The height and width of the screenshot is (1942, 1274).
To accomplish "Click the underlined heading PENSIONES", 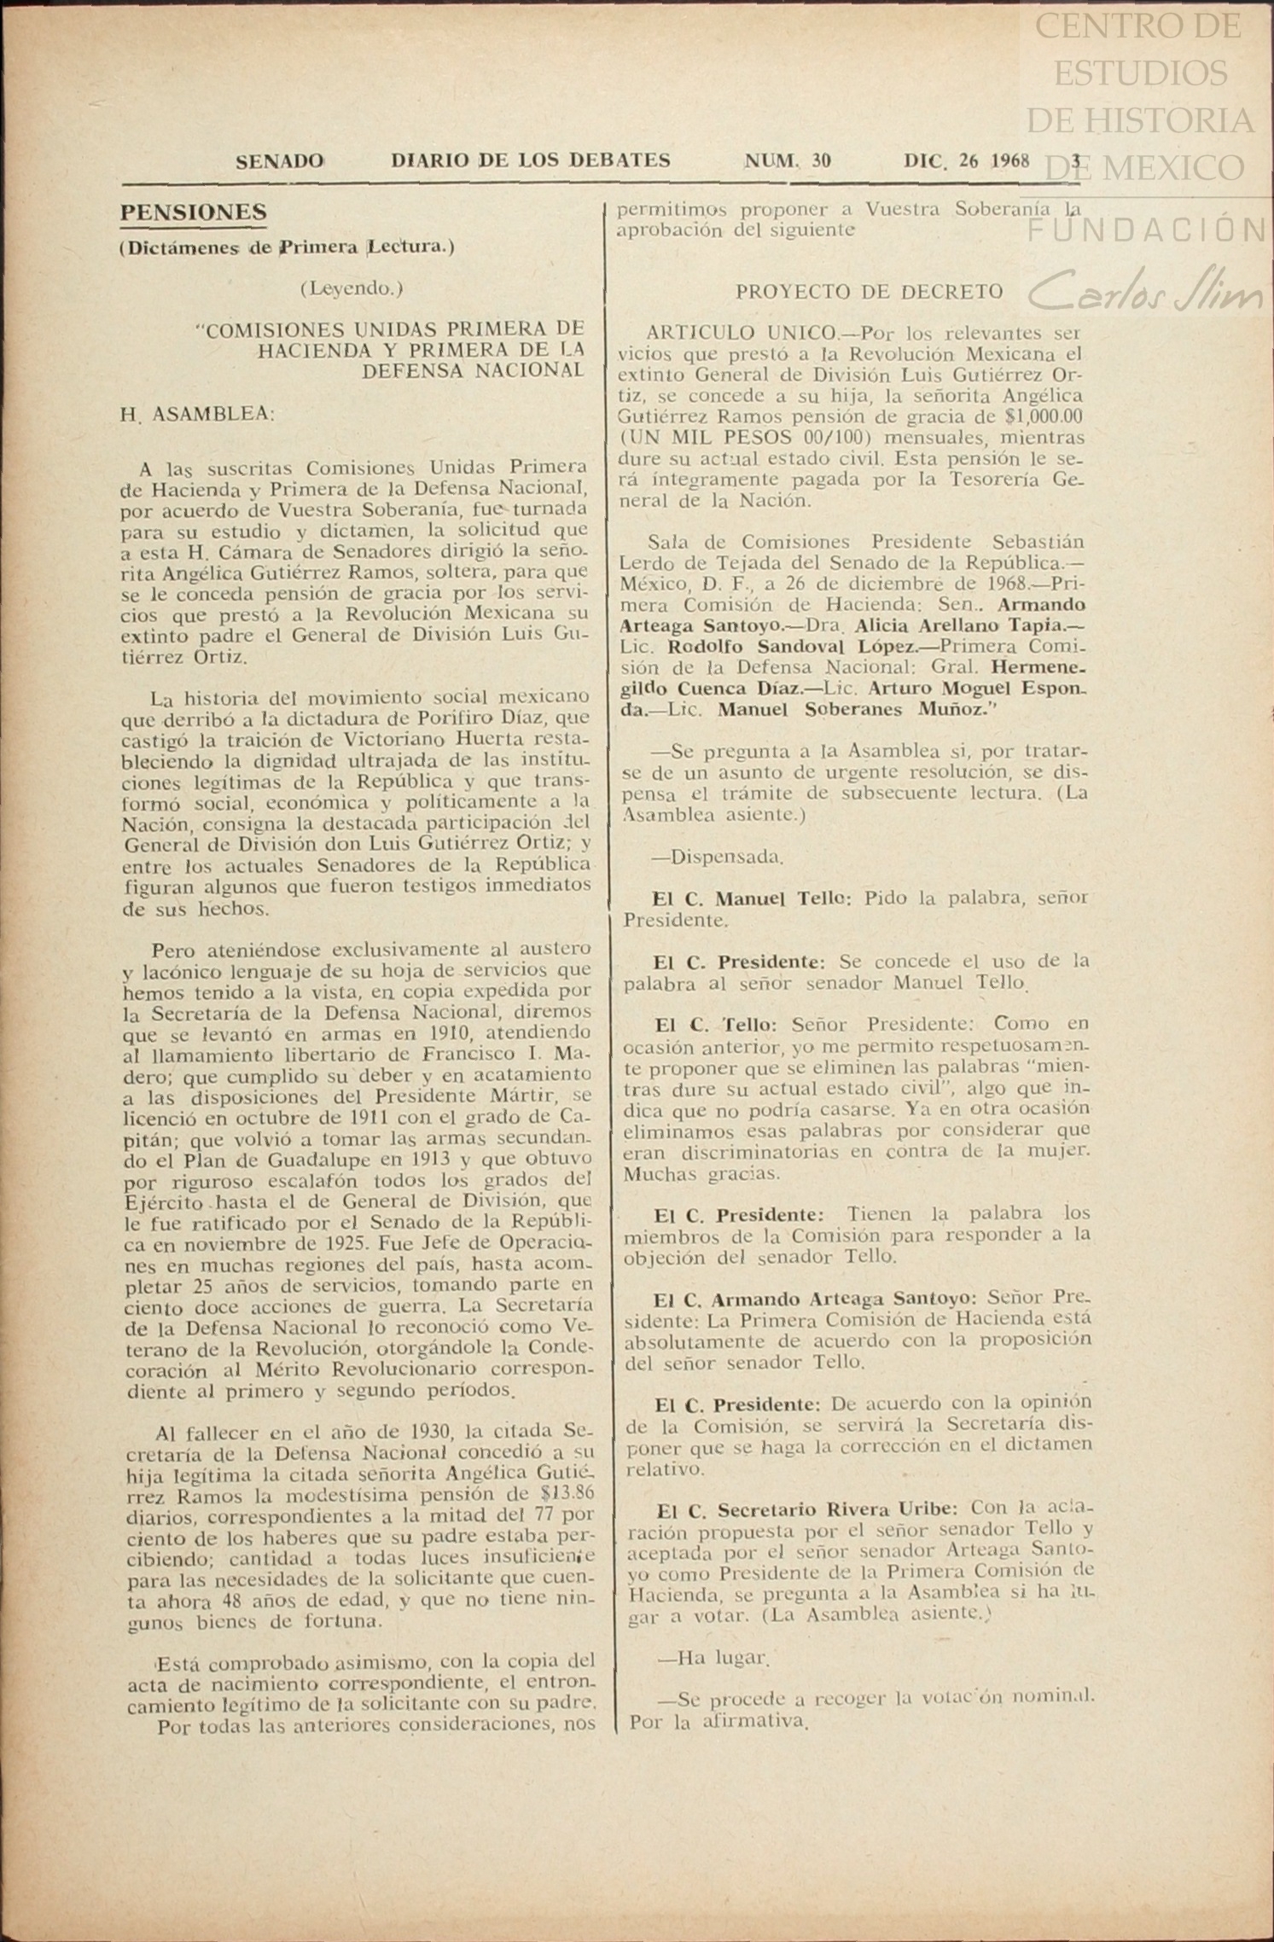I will tap(194, 212).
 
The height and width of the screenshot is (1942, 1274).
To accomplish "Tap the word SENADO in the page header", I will tap(279, 160).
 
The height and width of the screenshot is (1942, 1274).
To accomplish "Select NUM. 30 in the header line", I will tap(788, 160).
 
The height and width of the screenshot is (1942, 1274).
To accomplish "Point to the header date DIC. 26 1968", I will tap(967, 160).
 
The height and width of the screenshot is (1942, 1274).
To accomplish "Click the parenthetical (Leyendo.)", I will tap(352, 288).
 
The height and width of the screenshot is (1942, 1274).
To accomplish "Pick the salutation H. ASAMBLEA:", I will tap(197, 415).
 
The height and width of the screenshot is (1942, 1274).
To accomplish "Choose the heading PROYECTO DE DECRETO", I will tap(869, 292).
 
